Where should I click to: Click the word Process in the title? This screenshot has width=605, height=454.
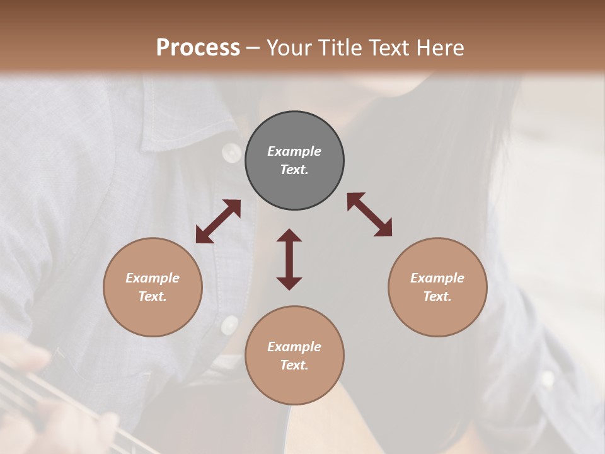[x=198, y=48]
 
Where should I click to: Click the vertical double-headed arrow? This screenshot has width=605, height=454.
[x=289, y=259]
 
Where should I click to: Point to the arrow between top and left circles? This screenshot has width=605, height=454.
[x=218, y=221]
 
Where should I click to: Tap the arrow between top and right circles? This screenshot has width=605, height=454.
[x=369, y=214]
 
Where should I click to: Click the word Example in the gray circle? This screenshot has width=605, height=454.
[x=294, y=151]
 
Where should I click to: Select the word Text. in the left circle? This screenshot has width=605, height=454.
[x=153, y=296]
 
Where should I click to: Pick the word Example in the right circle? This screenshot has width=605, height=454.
[x=437, y=278]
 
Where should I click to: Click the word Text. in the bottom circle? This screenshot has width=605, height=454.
[x=294, y=365]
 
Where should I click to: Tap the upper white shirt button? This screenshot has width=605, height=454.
[x=232, y=152]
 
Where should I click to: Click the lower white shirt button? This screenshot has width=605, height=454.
[x=229, y=324]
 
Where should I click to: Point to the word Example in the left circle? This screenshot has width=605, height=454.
[x=153, y=278]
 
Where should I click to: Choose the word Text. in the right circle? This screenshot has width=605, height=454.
[x=437, y=296]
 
